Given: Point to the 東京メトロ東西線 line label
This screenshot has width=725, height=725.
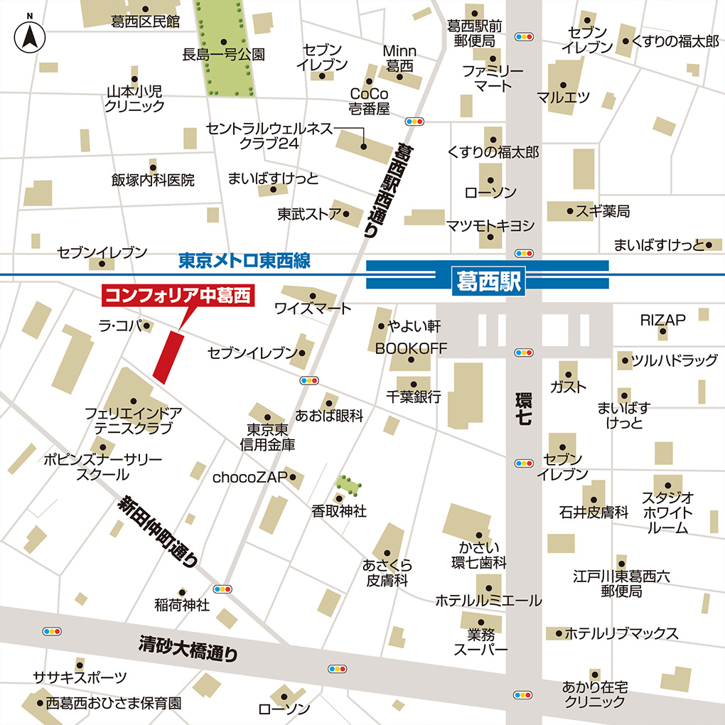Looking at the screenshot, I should pos(244,261).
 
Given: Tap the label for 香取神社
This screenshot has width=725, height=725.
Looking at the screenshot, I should pos(339,511).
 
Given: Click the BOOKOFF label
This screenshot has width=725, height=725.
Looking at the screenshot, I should pos(412,348).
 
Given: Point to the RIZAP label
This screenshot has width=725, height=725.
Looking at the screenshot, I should pos(662,321).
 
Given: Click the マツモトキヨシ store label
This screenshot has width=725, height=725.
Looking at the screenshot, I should pos(490,225).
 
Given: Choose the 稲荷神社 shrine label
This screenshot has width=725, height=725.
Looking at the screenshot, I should pos(182,606).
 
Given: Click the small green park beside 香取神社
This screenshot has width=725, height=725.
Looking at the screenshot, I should pos(348,485).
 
